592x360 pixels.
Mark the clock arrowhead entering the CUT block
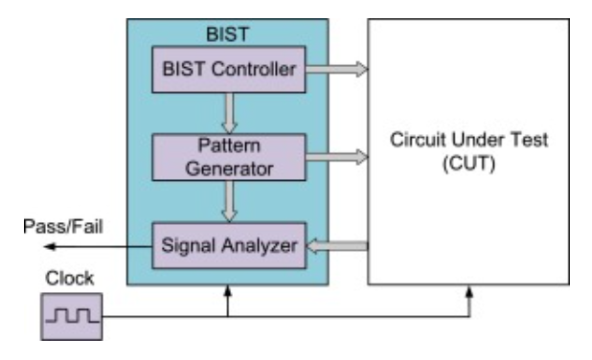click(x=470, y=290)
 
